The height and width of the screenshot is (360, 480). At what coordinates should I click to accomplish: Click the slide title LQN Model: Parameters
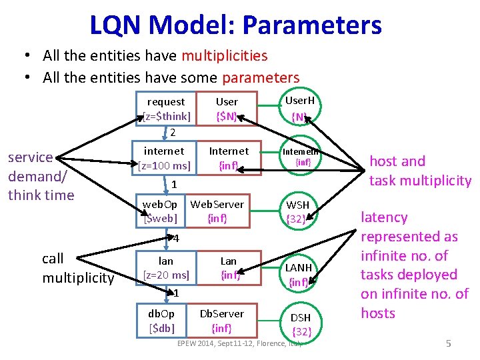(x=235, y=25)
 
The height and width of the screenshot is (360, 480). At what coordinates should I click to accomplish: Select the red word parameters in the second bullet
(x=261, y=78)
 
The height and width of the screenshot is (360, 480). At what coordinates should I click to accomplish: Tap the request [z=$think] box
(x=167, y=109)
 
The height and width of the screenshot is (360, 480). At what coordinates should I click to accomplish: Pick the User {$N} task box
(x=227, y=109)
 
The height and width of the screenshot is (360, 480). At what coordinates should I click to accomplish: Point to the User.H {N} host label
(x=299, y=109)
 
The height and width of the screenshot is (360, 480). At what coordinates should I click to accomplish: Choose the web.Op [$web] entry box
(x=161, y=211)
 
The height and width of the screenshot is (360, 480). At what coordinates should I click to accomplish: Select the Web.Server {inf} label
(x=217, y=211)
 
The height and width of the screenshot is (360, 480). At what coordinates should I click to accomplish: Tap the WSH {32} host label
(x=298, y=211)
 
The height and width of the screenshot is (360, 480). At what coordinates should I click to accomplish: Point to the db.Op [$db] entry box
(x=161, y=320)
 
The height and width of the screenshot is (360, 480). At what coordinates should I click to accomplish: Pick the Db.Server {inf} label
(x=221, y=320)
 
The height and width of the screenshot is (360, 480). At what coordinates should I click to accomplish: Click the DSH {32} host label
(x=301, y=324)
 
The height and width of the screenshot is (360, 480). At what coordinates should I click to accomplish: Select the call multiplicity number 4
(x=173, y=238)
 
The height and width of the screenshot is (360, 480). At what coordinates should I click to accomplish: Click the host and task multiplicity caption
(x=420, y=171)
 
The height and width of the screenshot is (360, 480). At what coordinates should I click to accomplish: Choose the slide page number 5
(x=449, y=343)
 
